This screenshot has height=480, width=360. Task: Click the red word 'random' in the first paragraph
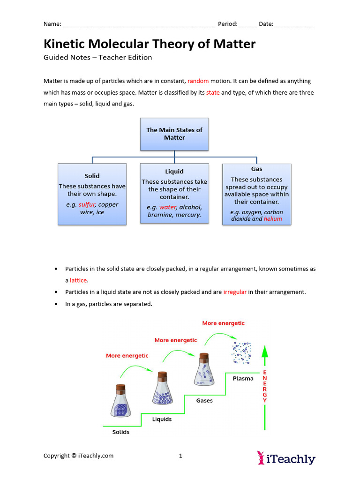(198, 81)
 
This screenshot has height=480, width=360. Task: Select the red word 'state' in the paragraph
(213, 93)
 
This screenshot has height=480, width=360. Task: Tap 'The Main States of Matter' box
(174, 134)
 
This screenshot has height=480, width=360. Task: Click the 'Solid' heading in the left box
(92, 176)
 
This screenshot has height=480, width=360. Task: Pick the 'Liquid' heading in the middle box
(174, 172)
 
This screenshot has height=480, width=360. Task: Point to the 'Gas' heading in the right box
(256, 169)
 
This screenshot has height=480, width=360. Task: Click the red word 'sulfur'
(86, 204)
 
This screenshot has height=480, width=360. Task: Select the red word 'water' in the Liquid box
(167, 207)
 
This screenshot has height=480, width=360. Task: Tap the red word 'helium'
(273, 219)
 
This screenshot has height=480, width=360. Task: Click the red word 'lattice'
(78, 280)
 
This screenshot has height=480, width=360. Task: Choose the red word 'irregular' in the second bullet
(235, 292)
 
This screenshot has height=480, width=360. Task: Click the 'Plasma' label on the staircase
(243, 379)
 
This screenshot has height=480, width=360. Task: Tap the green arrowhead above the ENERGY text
(264, 352)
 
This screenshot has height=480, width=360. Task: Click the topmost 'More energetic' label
(223, 323)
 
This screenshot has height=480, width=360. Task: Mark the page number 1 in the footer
(180, 456)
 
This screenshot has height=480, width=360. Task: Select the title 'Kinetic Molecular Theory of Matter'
(150, 44)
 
